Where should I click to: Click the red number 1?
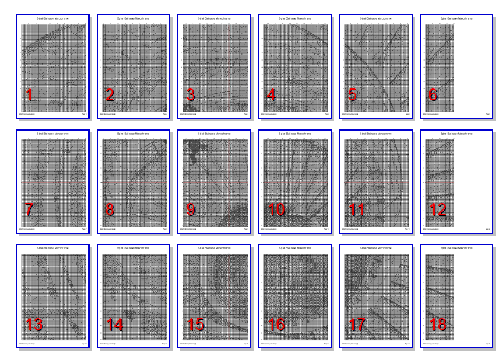[x=28, y=95]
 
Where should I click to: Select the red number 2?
[x=109, y=95]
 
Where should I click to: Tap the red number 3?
[x=190, y=95]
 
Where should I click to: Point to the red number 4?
[x=272, y=95]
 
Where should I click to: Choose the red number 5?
[x=353, y=95]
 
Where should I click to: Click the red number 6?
[x=433, y=95]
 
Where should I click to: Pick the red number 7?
[x=28, y=209]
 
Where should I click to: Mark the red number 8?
[x=109, y=209]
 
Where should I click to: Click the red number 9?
[x=190, y=209]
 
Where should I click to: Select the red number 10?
[x=277, y=209]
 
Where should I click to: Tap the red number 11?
[x=358, y=209]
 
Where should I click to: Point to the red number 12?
[x=439, y=209]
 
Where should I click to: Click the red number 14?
[x=115, y=325]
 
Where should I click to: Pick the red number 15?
[x=196, y=325]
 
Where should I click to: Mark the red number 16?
[x=277, y=325]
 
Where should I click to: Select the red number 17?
[x=359, y=325]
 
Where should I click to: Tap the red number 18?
[x=439, y=325]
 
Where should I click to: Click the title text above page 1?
[x=52, y=19]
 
